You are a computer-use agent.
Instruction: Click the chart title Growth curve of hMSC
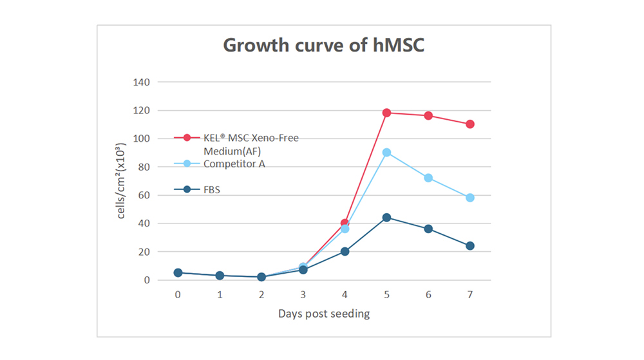point(323,46)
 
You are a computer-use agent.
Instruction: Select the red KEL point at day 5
point(386,113)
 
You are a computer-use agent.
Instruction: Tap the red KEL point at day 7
point(470,124)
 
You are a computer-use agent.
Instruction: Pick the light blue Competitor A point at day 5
point(386,153)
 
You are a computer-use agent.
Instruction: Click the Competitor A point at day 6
point(428,178)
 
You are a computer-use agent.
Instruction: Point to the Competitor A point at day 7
point(470,198)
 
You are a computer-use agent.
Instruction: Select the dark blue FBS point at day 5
point(386,218)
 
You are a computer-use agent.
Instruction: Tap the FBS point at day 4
point(345,252)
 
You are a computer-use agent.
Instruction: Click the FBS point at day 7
point(470,246)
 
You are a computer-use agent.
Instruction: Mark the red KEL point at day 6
point(428,116)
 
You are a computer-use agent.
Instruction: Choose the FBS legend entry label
point(213,190)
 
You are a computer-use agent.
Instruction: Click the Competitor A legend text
point(234,164)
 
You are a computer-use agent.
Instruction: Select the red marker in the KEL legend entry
point(187,138)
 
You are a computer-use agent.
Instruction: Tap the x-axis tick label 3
point(303,295)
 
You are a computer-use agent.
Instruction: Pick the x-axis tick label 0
point(178,295)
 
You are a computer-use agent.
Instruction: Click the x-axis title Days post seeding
point(324,314)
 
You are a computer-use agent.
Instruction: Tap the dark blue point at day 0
point(178,273)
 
